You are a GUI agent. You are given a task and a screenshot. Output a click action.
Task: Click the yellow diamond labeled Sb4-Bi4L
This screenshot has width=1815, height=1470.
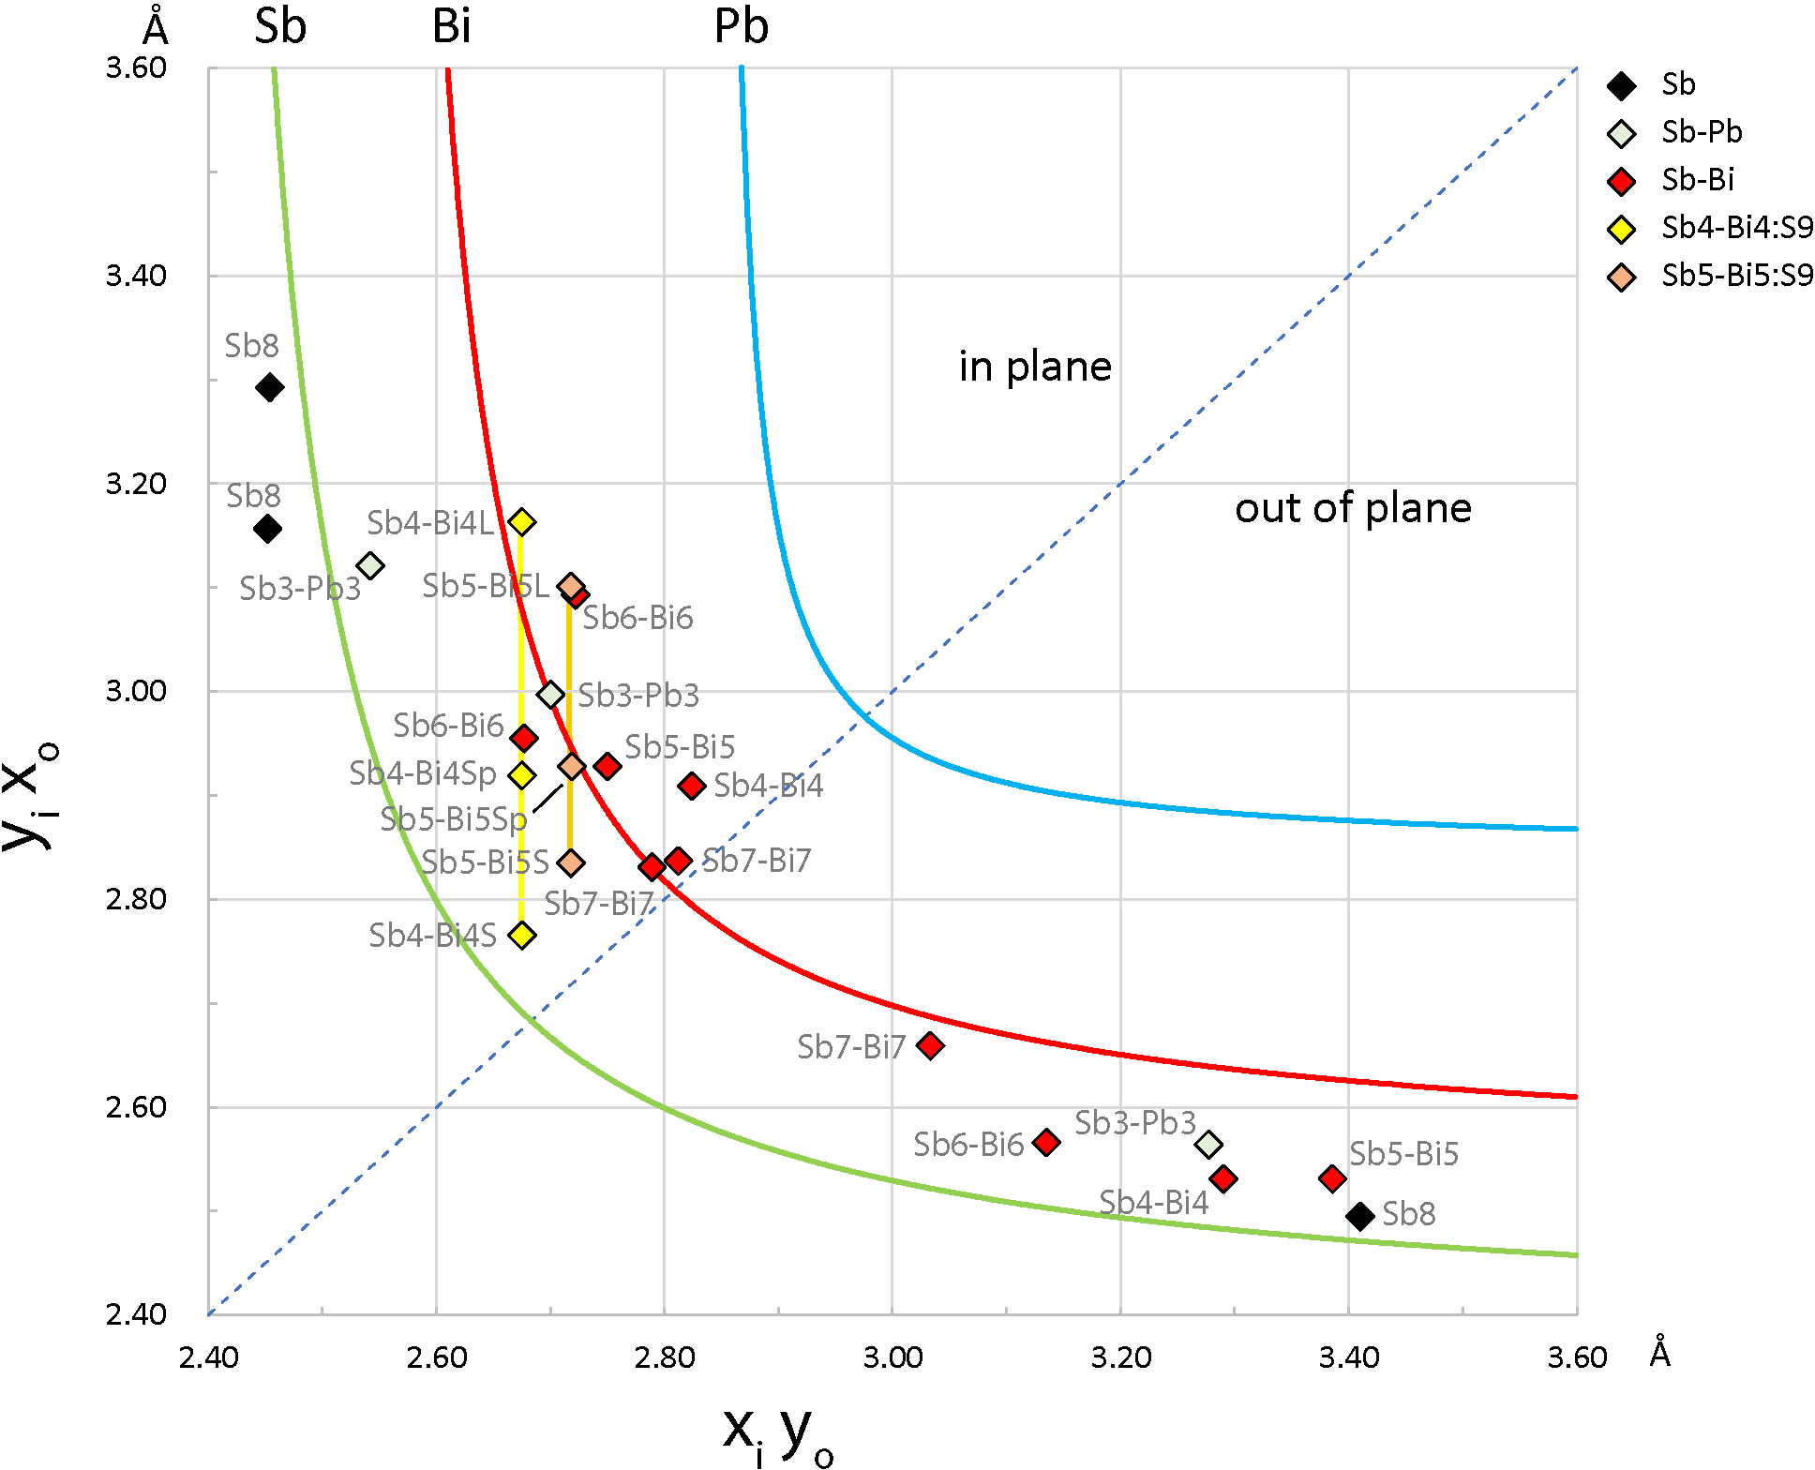[x=522, y=522]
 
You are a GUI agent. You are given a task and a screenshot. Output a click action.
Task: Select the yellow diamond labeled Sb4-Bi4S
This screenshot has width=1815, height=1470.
[x=522, y=935]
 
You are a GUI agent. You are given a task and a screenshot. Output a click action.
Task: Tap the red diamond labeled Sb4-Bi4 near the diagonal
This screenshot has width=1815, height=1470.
[x=692, y=786]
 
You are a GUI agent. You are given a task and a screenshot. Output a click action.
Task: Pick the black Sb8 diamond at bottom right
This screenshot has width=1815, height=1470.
[x=1360, y=1216]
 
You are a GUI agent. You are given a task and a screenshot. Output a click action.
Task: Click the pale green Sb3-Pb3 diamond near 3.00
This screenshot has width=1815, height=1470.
[x=551, y=695]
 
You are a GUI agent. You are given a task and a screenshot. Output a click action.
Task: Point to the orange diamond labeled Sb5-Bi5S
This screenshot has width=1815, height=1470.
[x=571, y=862]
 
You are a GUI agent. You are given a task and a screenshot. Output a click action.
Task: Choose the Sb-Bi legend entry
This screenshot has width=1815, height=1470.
[x=1697, y=180]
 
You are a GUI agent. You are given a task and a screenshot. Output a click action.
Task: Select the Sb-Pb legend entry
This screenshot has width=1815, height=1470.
[x=1701, y=132]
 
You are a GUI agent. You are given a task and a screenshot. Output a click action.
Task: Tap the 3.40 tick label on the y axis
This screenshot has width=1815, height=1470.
[x=136, y=276]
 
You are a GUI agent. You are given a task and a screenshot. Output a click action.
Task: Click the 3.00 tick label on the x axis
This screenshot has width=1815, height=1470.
[x=892, y=1357]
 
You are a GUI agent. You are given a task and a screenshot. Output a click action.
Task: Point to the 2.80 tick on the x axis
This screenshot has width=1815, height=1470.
[x=665, y=1357]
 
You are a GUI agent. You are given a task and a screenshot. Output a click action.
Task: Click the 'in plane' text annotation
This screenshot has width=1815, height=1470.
[x=1035, y=367]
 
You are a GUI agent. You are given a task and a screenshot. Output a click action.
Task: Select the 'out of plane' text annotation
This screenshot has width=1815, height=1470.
[x=1353, y=508]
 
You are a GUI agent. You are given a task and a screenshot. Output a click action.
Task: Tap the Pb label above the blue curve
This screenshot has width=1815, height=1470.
[x=741, y=26]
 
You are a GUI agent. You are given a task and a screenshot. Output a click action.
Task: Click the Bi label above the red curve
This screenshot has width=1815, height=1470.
[x=451, y=26]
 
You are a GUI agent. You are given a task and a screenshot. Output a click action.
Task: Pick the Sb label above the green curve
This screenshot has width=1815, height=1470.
[x=280, y=26]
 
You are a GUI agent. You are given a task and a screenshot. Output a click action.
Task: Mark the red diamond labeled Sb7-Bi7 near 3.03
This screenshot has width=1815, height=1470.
[x=930, y=1045]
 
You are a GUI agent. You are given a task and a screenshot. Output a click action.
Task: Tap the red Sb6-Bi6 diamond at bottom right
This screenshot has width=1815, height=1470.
[x=1046, y=1142]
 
